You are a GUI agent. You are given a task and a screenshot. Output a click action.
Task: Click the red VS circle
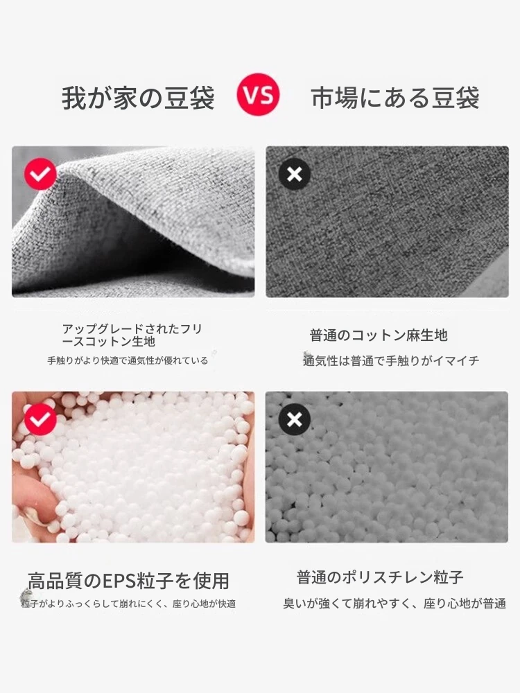pyautogui.click(x=258, y=94)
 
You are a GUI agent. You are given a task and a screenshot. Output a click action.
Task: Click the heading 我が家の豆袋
pyautogui.click(x=138, y=98)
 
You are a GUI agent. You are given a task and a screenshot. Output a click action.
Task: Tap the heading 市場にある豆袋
pyautogui.click(x=395, y=98)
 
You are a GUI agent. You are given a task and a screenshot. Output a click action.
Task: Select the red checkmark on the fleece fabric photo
pyautogui.click(x=40, y=174)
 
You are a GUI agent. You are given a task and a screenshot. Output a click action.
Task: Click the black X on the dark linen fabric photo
pyautogui.click(x=295, y=174)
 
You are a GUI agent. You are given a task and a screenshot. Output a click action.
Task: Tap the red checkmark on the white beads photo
pyautogui.click(x=40, y=419)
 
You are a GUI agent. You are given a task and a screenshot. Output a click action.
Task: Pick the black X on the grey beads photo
pyautogui.click(x=295, y=419)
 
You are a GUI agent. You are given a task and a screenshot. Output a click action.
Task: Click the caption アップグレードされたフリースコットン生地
pyautogui.click(x=132, y=335)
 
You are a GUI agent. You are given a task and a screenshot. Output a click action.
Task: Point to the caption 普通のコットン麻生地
pyautogui.click(x=379, y=335)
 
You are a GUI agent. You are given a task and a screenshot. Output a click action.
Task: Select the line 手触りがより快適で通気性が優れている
pyautogui.click(x=128, y=360)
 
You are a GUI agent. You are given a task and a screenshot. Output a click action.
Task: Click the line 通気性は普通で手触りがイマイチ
pyautogui.click(x=391, y=360)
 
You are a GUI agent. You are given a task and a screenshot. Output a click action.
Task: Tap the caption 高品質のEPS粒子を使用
pyautogui.click(x=129, y=581)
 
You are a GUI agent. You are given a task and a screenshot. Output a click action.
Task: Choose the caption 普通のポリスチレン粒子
pyautogui.click(x=380, y=577)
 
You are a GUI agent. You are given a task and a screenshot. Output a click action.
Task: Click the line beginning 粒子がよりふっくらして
pyautogui.click(x=129, y=604)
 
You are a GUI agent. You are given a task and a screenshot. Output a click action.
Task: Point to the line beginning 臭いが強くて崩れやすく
pyautogui.click(x=395, y=604)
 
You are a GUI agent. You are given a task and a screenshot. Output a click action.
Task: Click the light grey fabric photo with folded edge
pyautogui.click(x=133, y=222)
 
